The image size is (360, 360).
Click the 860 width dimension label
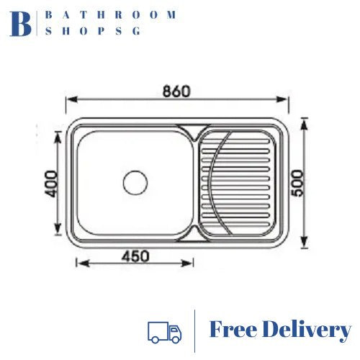(176, 92)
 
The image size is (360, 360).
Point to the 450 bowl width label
(135, 255)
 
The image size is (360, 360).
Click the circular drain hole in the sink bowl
(135, 182)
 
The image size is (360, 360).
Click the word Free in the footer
(233, 330)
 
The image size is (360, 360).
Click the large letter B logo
(21, 23)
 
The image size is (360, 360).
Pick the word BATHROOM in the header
(110, 14)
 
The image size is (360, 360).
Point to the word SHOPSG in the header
(94, 31)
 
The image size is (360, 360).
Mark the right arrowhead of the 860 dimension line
(287, 104)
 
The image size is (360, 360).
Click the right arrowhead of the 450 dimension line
(192, 264)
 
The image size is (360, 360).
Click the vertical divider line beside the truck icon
(195, 331)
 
